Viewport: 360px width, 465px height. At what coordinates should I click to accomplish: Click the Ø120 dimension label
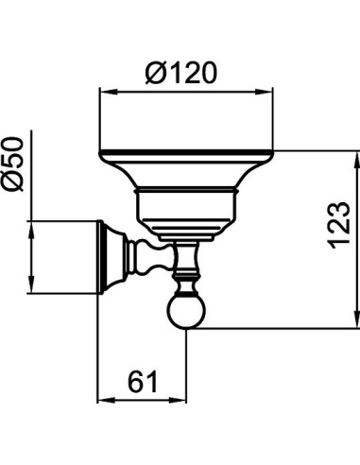coord(181,73)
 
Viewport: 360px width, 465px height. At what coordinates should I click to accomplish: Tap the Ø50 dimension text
coord(12,164)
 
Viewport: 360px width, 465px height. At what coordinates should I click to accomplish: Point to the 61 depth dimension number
coord(143,382)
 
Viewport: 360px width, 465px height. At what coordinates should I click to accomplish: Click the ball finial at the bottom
coord(186,312)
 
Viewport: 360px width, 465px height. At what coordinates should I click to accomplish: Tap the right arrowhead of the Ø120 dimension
coord(264,92)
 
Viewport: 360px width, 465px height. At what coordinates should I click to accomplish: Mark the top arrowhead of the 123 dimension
coord(357,161)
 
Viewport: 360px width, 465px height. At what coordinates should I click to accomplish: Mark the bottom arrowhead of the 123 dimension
coord(357,319)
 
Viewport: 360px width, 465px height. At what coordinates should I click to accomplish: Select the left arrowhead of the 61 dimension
coord(107,401)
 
